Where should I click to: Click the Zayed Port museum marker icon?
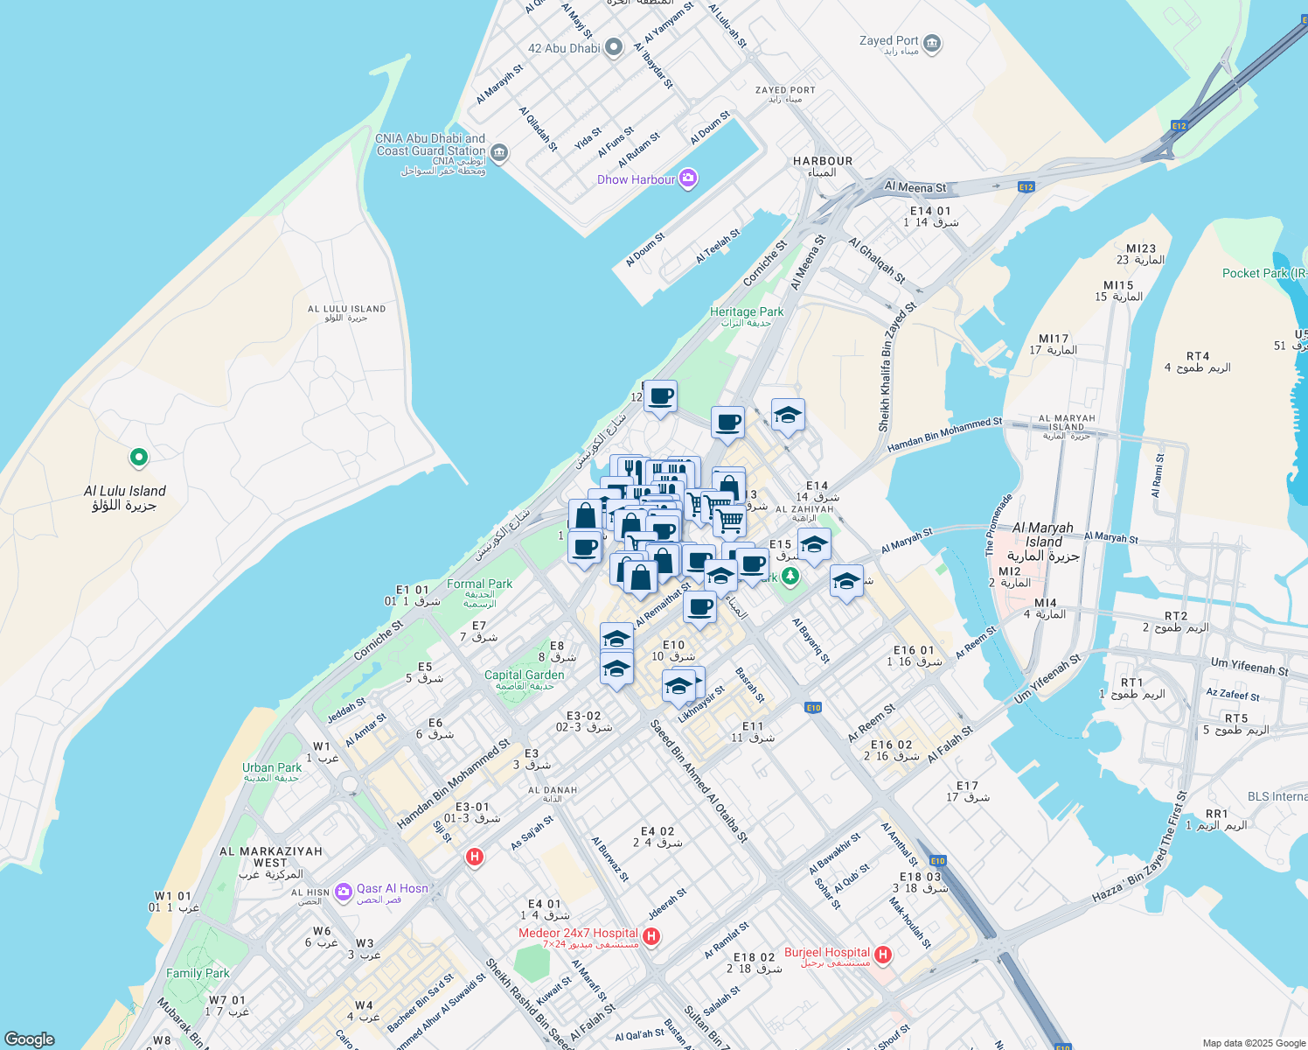(x=932, y=43)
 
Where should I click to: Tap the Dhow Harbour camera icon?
(x=688, y=179)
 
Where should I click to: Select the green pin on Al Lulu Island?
(x=138, y=457)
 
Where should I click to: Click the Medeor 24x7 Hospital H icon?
(x=651, y=936)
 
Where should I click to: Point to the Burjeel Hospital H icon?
(x=883, y=955)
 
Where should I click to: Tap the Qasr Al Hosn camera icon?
(x=343, y=891)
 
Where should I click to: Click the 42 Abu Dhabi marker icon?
(x=614, y=47)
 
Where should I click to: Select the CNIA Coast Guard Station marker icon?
(x=499, y=152)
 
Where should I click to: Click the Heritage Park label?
(x=746, y=311)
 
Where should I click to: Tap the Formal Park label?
(x=479, y=584)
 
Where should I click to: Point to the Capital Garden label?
(x=525, y=675)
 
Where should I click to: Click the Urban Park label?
(x=272, y=767)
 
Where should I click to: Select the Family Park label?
(x=198, y=973)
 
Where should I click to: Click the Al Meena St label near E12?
(x=915, y=186)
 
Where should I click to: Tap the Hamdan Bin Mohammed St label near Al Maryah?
(x=944, y=435)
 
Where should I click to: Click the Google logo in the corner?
(x=30, y=1039)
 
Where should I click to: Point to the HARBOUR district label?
(x=822, y=161)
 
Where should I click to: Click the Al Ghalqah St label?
(x=877, y=261)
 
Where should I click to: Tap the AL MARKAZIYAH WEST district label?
(x=271, y=857)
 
